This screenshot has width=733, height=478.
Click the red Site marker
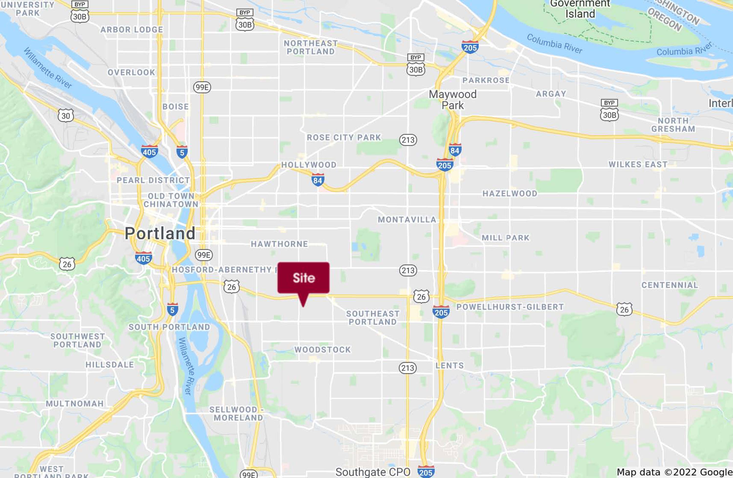(x=303, y=278)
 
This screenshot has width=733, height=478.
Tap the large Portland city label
(x=160, y=233)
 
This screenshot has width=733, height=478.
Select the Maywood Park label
(x=453, y=100)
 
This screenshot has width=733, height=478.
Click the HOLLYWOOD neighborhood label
(x=309, y=165)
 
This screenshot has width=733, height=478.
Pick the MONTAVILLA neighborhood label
(x=407, y=220)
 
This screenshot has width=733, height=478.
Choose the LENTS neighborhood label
(x=449, y=365)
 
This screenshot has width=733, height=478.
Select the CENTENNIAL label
(x=669, y=285)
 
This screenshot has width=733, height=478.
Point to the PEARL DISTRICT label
(x=153, y=180)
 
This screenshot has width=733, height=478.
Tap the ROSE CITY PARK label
(x=344, y=137)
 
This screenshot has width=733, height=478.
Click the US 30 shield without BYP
(x=65, y=116)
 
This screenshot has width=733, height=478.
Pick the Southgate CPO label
(x=373, y=472)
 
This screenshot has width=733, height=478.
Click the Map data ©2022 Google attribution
(x=674, y=472)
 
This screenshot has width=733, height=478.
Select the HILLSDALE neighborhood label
(x=110, y=364)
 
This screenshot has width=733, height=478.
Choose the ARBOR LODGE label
(x=131, y=30)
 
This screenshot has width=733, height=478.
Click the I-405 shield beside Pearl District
(x=149, y=152)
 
